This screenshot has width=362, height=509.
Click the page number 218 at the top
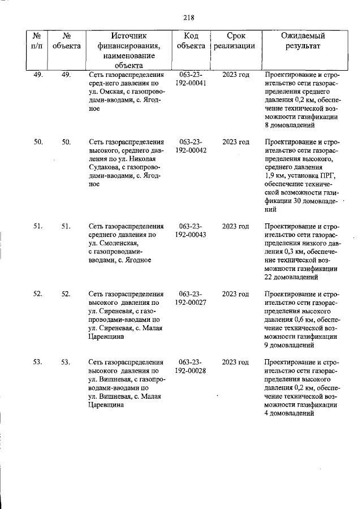[x=189, y=17]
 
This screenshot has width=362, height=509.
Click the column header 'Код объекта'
[x=191, y=41]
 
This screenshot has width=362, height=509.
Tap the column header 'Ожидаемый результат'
[x=303, y=41]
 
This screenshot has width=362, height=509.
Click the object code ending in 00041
[x=191, y=79]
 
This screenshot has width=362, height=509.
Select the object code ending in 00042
[x=191, y=146]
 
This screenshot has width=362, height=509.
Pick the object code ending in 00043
[x=191, y=230]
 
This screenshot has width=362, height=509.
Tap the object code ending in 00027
[x=191, y=299]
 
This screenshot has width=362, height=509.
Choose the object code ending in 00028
[x=191, y=366]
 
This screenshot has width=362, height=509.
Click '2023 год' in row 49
[x=235, y=75]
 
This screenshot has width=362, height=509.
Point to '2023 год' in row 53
[x=235, y=362]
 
